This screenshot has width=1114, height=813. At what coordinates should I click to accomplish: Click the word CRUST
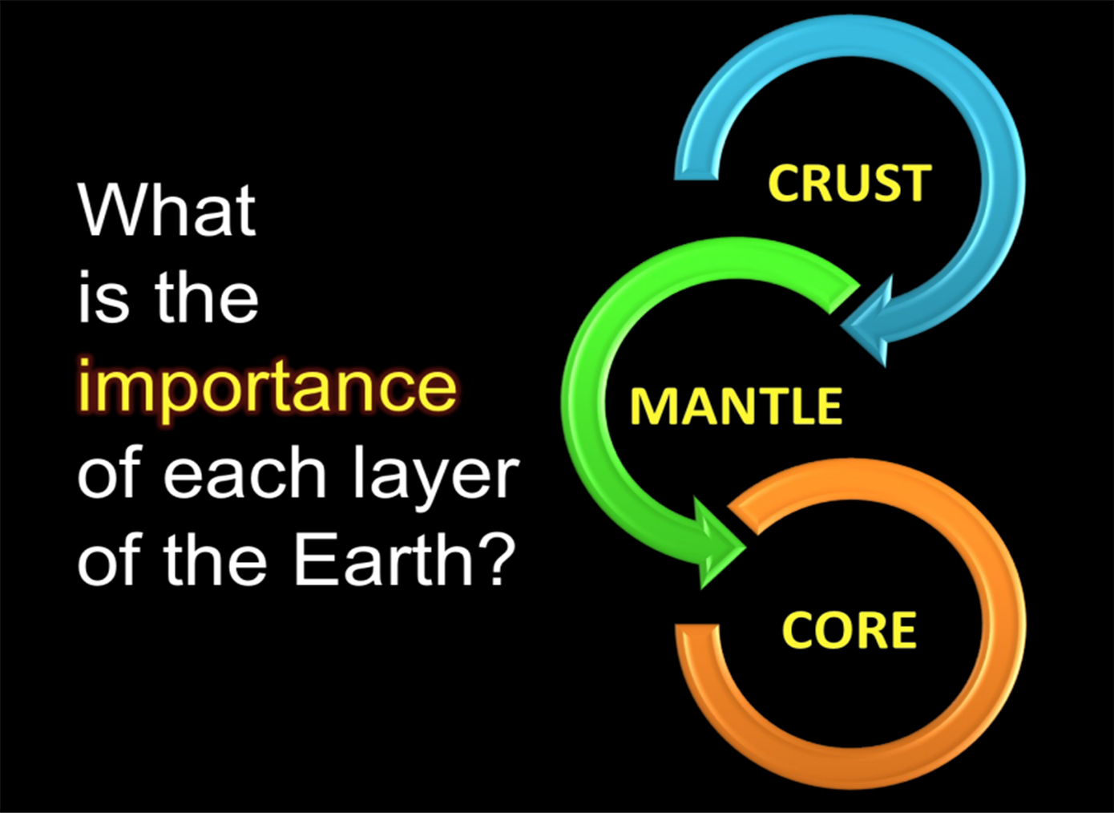850,183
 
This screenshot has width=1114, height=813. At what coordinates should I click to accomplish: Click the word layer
435,476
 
